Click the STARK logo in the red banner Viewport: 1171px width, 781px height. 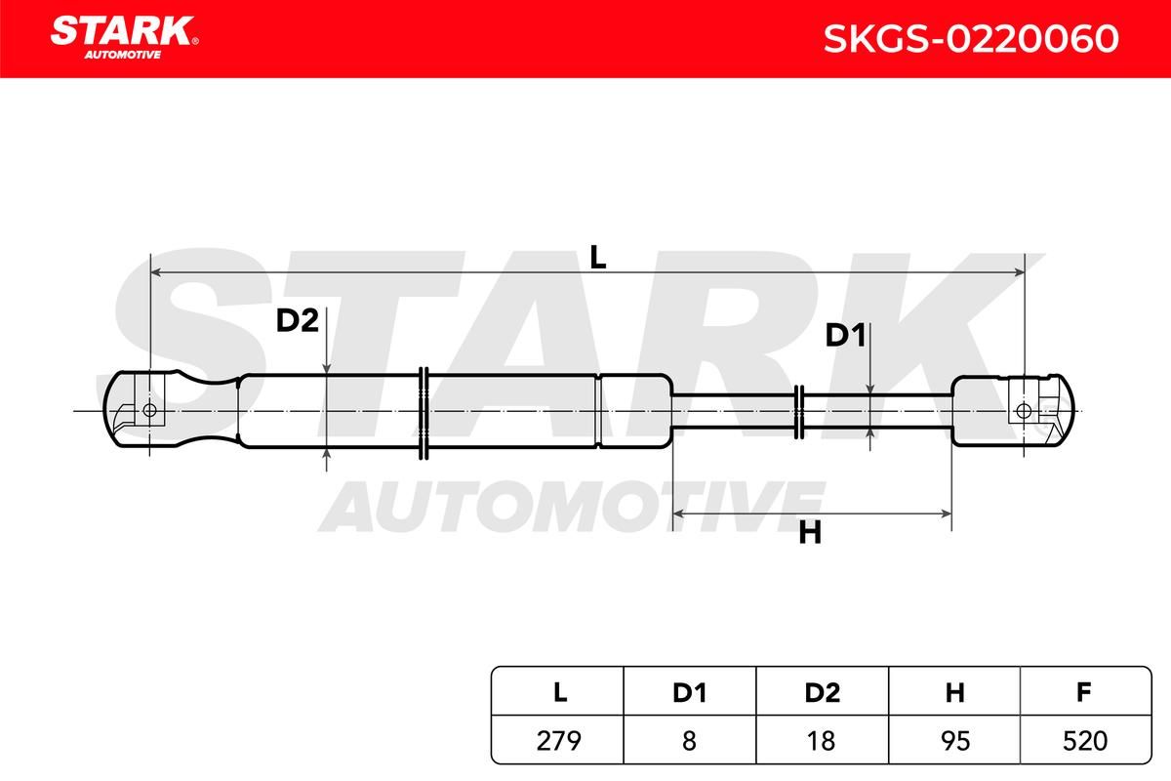point(124,37)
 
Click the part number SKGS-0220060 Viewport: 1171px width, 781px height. point(971,39)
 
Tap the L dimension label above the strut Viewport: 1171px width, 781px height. point(597,257)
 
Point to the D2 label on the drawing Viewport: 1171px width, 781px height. point(297,320)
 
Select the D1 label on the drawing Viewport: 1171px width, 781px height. point(845,335)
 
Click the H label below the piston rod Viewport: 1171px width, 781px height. point(810,534)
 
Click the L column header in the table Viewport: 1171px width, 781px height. point(559,692)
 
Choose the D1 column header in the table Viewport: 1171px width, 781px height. point(690,692)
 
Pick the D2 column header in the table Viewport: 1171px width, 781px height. point(823,692)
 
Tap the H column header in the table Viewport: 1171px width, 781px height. point(954,692)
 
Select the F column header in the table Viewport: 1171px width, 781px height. point(1085,692)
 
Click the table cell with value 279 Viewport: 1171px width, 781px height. point(558,740)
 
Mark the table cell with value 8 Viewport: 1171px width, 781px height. point(690,740)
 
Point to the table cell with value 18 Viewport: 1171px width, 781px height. point(823,740)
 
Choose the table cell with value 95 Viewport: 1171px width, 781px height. point(954,740)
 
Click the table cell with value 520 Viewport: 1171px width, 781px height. point(1085,740)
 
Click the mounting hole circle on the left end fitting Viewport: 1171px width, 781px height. point(149,411)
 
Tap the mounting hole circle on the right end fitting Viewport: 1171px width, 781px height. point(1024,411)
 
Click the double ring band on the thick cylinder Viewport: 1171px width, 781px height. point(424,413)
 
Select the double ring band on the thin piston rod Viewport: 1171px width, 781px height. point(799,412)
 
